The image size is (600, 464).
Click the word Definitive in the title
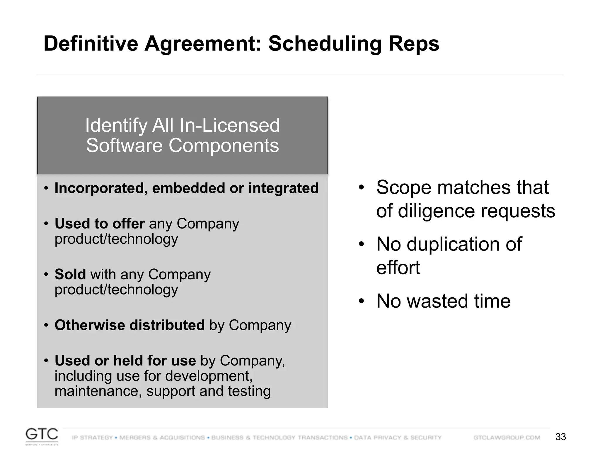(91, 44)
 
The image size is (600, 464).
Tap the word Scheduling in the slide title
(325, 44)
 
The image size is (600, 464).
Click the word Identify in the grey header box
(116, 125)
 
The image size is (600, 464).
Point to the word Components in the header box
(224, 145)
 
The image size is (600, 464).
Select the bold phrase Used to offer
(100, 223)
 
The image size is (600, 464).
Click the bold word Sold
(70, 274)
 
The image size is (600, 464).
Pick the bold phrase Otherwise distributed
(129, 325)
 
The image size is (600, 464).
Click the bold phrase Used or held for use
(125, 360)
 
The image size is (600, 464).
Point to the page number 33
(560, 437)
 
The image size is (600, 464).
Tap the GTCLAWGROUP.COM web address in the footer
(507, 438)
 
